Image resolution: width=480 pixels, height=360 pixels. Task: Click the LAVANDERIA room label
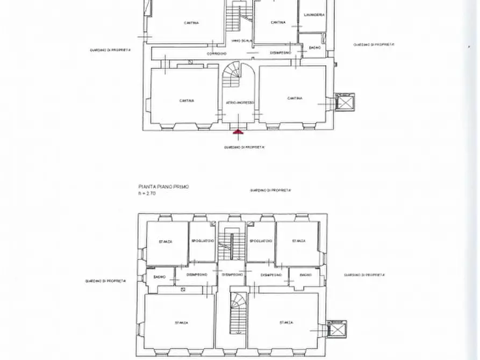[x=313, y=15]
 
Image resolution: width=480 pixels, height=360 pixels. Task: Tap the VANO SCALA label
[x=239, y=41]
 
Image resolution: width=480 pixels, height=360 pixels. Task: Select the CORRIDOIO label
[x=214, y=53]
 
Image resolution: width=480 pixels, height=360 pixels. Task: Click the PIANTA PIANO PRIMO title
[x=164, y=186]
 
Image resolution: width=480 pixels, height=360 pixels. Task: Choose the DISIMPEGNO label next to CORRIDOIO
[x=281, y=53]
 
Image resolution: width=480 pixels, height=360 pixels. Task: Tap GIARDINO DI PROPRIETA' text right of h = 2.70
[x=271, y=190]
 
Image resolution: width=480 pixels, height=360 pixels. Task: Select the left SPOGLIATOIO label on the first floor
[x=203, y=241]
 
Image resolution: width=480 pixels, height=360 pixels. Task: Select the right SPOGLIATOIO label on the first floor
[x=261, y=241]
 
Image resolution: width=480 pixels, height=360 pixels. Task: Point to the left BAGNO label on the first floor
[x=159, y=277]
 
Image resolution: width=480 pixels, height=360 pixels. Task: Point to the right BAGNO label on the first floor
[x=305, y=275]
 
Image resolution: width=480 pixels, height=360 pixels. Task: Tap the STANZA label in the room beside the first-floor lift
[x=286, y=322]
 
